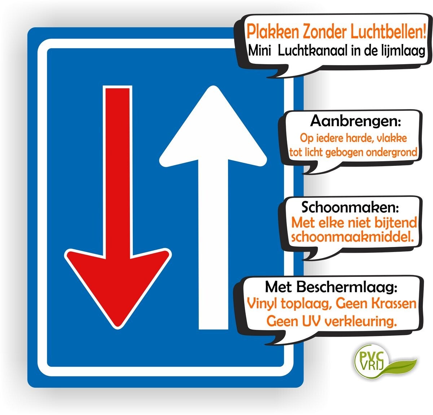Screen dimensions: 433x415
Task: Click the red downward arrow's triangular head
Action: pos(118,284)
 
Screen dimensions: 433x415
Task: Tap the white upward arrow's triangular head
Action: pos(213,126)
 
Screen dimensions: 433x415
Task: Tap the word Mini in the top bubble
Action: pos(259,51)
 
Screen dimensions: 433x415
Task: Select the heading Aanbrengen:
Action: pos(355,121)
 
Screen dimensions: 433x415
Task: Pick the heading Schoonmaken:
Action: pos(350,207)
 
